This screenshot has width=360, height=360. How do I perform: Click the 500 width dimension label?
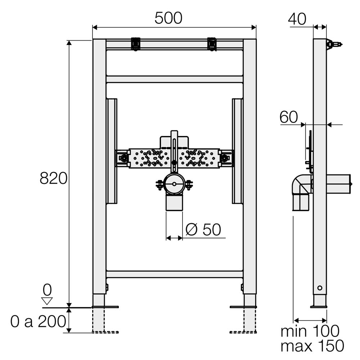coord(168,18)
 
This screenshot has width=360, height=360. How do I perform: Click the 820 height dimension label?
coord(54,178)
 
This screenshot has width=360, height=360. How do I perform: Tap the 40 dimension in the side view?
coord(297,19)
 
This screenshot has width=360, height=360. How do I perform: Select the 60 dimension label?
coord(289,117)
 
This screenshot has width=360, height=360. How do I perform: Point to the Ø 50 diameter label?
coord(203,229)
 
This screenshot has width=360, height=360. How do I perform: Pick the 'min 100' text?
coord(310,331)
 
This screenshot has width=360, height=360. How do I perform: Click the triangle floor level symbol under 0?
coord(47,301)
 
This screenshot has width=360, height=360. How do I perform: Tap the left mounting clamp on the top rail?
coord(136,44)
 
